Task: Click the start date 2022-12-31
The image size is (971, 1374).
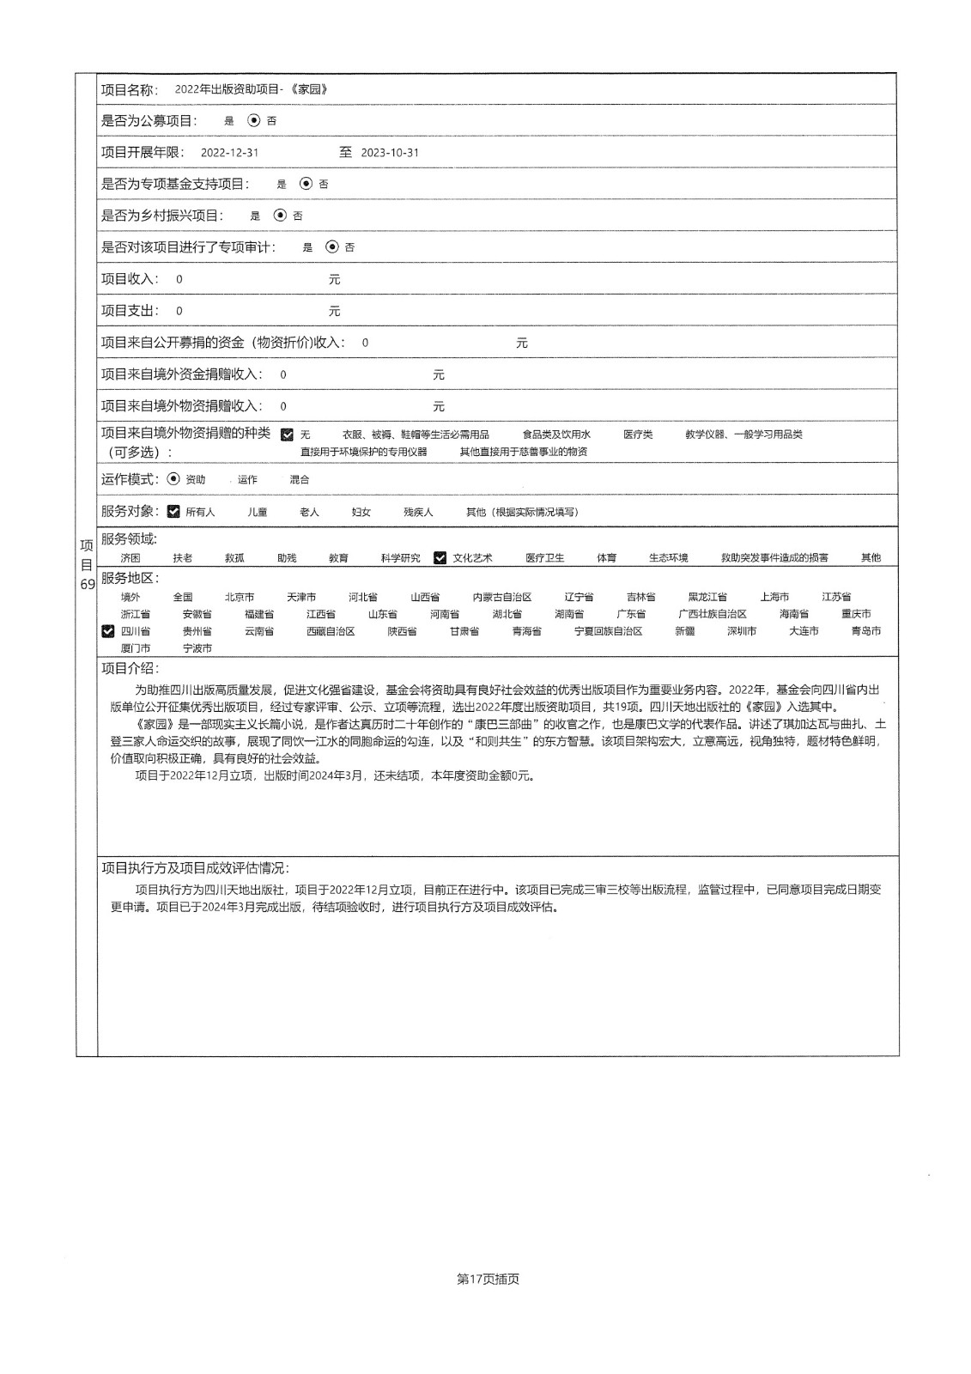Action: click(x=229, y=153)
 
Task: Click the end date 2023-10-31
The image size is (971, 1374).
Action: click(x=390, y=153)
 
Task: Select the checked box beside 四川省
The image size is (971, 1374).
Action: click(x=108, y=631)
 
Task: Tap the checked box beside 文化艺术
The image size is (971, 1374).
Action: click(x=440, y=558)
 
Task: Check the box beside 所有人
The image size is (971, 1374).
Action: click(x=174, y=512)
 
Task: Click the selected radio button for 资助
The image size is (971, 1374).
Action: click(x=174, y=479)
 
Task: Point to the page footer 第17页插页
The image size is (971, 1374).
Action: click(x=488, y=1279)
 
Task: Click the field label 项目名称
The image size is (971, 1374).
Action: click(x=130, y=89)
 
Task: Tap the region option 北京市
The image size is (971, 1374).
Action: click(x=240, y=597)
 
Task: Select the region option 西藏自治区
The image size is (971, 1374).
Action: click(x=331, y=631)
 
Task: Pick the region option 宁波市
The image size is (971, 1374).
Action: click(x=197, y=648)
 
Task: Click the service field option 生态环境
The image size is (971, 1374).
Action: click(x=668, y=558)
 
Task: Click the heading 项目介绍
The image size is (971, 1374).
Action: click(x=130, y=669)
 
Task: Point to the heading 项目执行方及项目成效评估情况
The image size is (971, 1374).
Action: click(x=195, y=868)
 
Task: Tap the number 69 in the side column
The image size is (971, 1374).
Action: click(x=87, y=585)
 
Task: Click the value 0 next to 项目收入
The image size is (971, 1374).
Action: click(x=179, y=279)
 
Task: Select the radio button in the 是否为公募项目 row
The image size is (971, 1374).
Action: click(x=253, y=121)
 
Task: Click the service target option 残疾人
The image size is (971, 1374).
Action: click(x=418, y=512)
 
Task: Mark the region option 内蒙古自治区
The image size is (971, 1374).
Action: click(x=502, y=597)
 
